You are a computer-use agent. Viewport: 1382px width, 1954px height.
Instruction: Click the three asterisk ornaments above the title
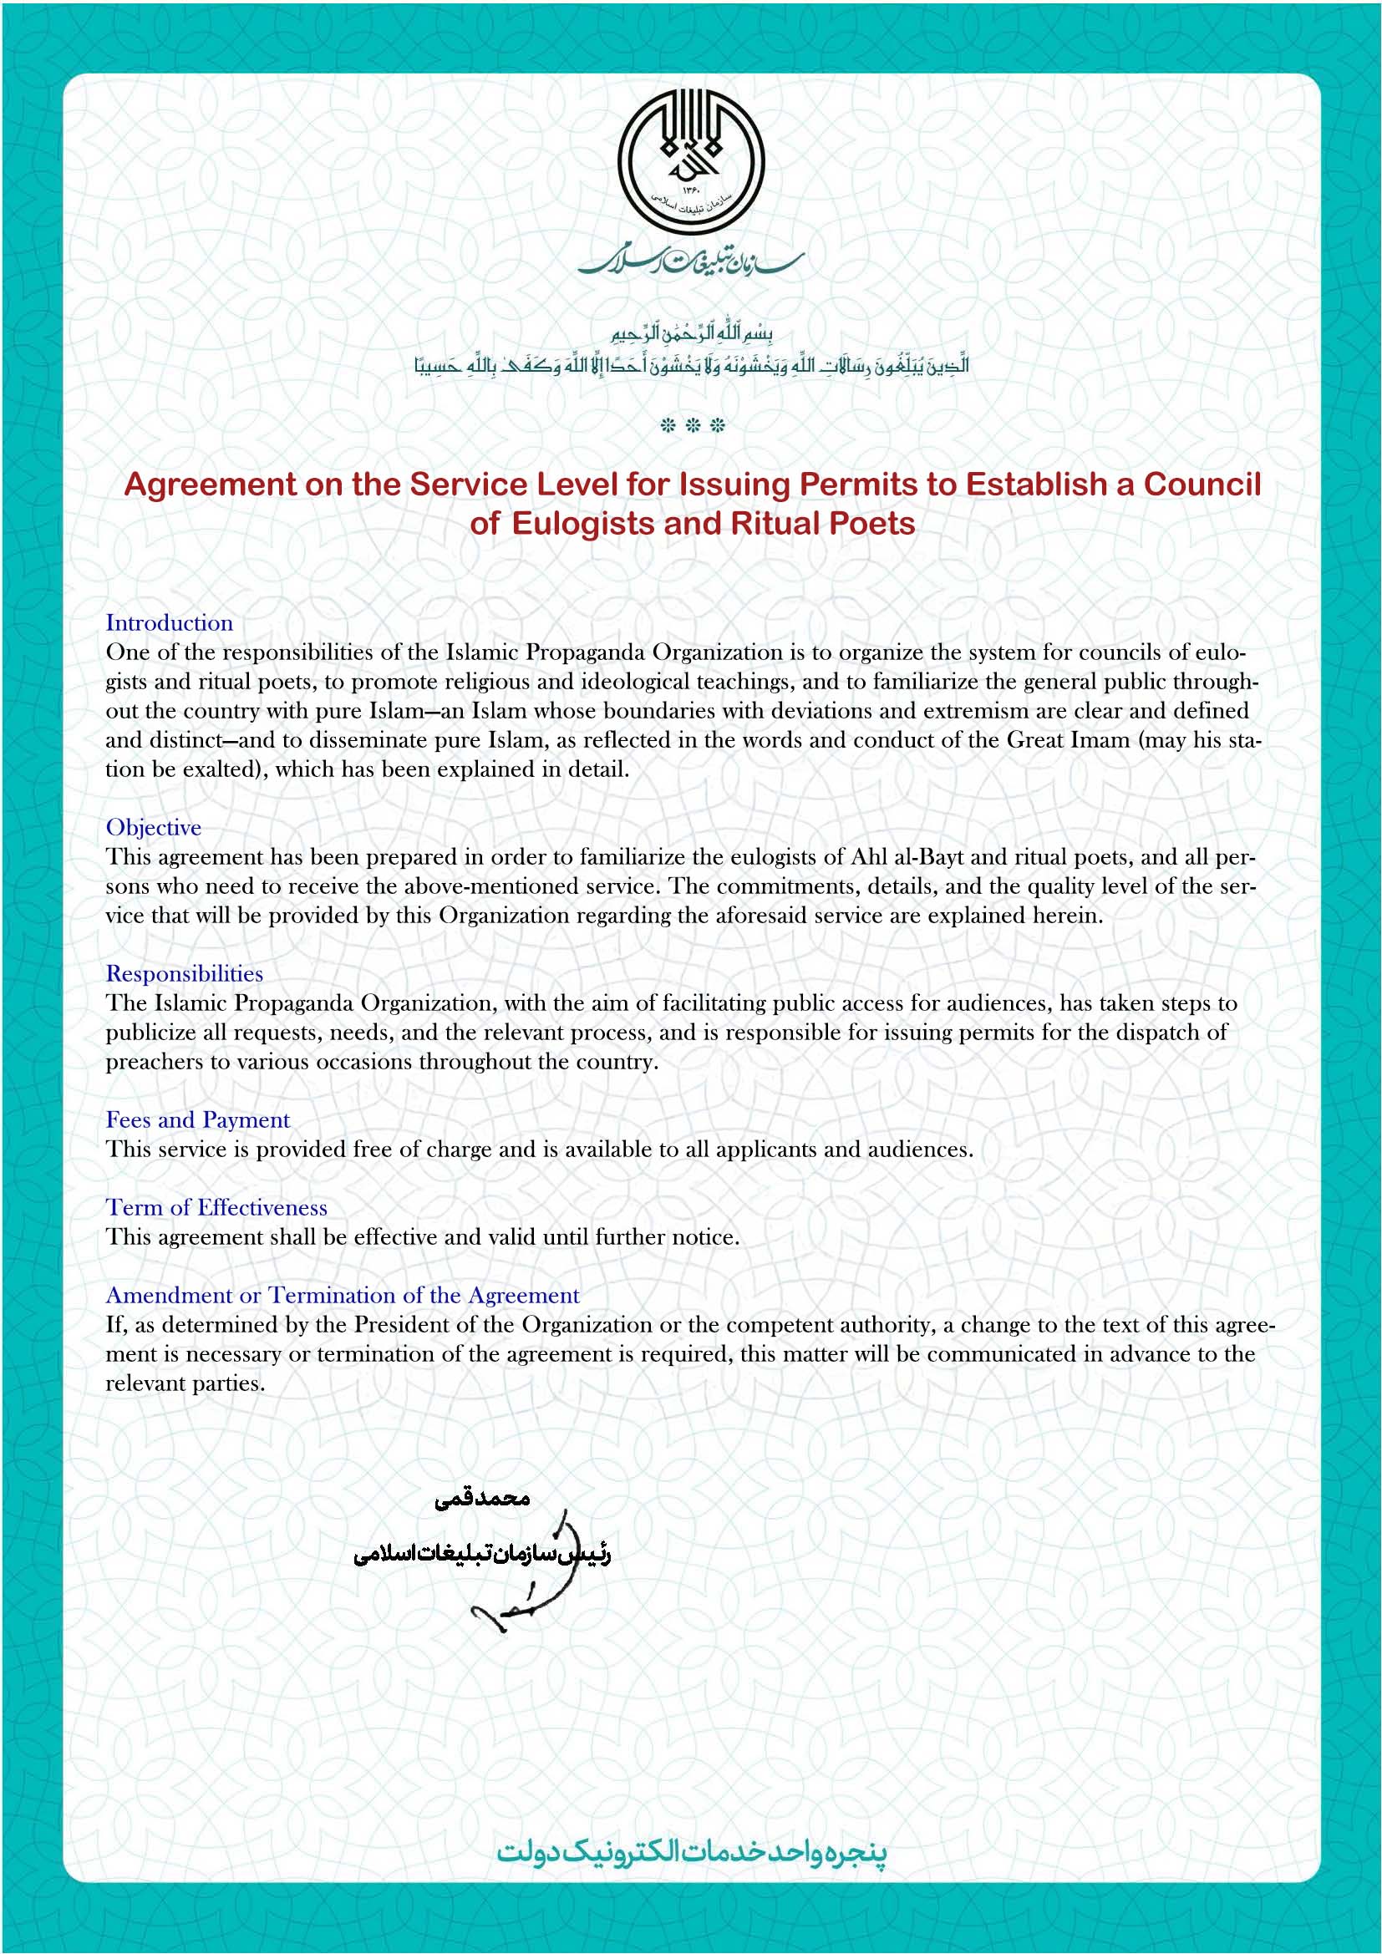(692, 425)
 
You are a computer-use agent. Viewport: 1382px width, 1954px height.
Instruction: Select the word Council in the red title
(1202, 485)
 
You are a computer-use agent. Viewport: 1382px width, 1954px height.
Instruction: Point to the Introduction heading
(170, 623)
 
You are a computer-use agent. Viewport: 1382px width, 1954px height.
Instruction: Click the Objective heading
(153, 827)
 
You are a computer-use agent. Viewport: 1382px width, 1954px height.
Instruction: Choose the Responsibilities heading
(184, 973)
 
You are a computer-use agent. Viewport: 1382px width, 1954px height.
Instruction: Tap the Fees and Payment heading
(197, 1120)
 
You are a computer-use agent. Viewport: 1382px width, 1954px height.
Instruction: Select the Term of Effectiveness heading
(216, 1208)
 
